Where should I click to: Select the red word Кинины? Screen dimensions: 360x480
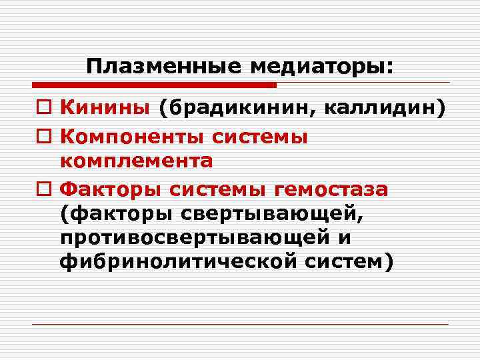click(106, 108)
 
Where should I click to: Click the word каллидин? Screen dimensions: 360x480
click(380, 108)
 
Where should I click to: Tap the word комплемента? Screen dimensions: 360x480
click(137, 161)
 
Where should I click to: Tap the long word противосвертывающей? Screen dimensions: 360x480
click(197, 238)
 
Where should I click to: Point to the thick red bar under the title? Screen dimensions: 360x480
click(153, 85)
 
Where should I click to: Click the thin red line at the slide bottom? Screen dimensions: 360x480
click(240, 324)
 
